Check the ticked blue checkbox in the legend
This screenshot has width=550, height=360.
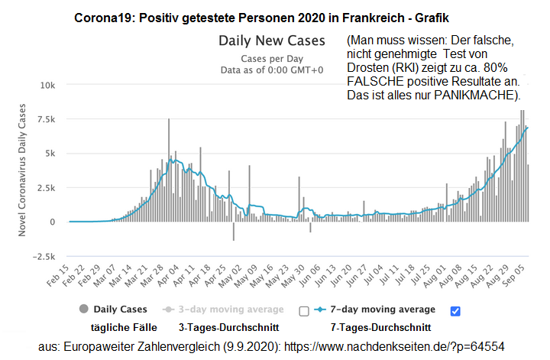coord(455,310)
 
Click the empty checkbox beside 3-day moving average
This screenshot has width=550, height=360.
coord(303,310)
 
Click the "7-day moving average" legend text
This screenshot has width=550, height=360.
coord(396,310)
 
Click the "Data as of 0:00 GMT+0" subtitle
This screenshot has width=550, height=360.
coord(273,69)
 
